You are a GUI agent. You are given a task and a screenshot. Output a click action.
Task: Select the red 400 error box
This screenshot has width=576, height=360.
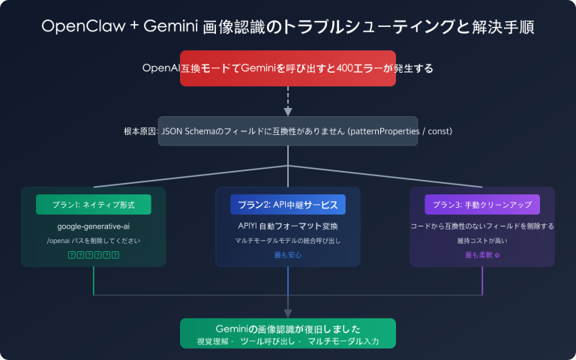[288, 68]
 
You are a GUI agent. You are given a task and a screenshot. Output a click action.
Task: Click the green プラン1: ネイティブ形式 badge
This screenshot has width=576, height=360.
[93, 205]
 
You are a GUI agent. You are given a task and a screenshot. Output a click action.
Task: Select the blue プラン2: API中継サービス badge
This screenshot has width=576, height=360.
[288, 205]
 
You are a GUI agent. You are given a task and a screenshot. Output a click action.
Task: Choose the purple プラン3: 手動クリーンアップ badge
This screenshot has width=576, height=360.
[482, 205]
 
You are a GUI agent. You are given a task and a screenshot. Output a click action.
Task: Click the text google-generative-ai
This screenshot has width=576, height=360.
[93, 226]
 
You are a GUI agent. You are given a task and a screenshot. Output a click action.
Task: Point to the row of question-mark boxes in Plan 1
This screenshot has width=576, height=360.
[93, 255]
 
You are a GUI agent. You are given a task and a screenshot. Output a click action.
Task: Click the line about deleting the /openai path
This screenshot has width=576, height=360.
[93, 241]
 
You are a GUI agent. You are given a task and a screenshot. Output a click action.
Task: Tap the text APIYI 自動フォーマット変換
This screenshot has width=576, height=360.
[288, 226]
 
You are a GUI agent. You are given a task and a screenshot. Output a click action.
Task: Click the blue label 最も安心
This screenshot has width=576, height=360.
[288, 255]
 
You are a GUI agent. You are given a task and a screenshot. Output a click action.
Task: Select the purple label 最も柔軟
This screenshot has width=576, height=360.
[480, 255]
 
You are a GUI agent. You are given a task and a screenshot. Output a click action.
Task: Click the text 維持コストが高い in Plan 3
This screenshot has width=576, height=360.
[482, 241]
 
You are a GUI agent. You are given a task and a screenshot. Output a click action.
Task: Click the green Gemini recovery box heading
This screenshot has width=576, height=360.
[288, 328]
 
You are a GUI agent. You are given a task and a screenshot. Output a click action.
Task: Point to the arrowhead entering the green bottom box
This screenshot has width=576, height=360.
[288, 314]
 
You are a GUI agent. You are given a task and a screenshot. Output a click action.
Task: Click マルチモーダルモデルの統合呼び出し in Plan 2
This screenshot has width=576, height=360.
[288, 241]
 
